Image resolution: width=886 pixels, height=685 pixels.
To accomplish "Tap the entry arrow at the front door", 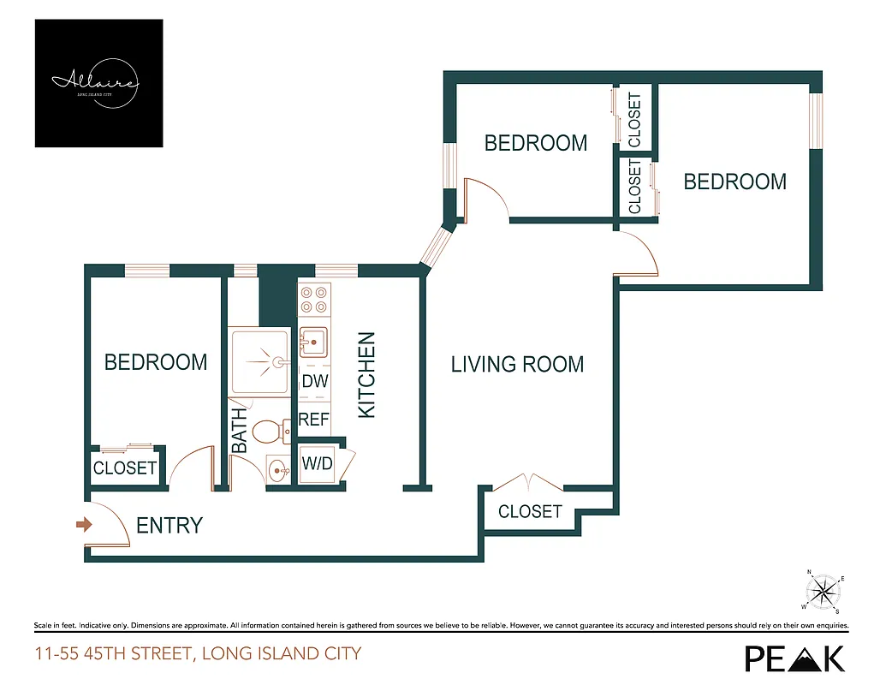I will (x=83, y=524).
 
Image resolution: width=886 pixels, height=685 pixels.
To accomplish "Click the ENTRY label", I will (x=169, y=525).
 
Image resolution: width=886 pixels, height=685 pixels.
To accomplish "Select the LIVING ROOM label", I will (x=517, y=364).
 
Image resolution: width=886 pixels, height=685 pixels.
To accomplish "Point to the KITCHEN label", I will (x=366, y=375).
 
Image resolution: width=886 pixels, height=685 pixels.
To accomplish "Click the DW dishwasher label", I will (x=313, y=382).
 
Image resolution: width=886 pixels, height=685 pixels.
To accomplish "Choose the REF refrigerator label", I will (x=313, y=420).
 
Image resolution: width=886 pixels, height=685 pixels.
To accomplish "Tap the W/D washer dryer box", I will (x=318, y=464).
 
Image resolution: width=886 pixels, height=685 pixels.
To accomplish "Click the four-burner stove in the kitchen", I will (x=313, y=299).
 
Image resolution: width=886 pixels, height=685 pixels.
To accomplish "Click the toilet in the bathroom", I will (x=272, y=431).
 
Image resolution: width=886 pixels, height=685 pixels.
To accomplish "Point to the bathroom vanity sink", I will (x=277, y=469).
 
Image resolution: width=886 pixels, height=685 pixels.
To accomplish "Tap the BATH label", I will (x=240, y=430).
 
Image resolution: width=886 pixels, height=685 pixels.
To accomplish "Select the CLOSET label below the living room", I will (x=530, y=511).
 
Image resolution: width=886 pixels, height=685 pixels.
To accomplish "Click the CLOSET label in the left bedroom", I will (x=125, y=468).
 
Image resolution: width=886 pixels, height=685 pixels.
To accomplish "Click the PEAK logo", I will (x=794, y=657).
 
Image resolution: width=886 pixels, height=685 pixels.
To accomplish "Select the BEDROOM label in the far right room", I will (x=734, y=182).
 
